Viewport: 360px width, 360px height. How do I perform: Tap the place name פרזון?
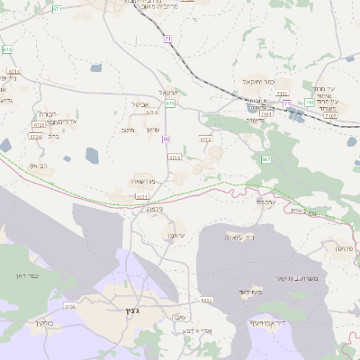152,130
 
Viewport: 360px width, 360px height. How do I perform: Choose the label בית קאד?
250,292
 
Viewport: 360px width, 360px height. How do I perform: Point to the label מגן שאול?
144,180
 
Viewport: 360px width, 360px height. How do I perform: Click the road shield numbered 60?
166,139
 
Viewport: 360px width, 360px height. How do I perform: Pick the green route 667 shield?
265,159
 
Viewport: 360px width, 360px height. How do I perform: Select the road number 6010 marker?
206,300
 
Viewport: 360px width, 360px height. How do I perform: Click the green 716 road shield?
309,103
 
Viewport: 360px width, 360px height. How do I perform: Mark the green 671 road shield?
58,8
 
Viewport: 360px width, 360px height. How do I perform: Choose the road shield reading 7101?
282,94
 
